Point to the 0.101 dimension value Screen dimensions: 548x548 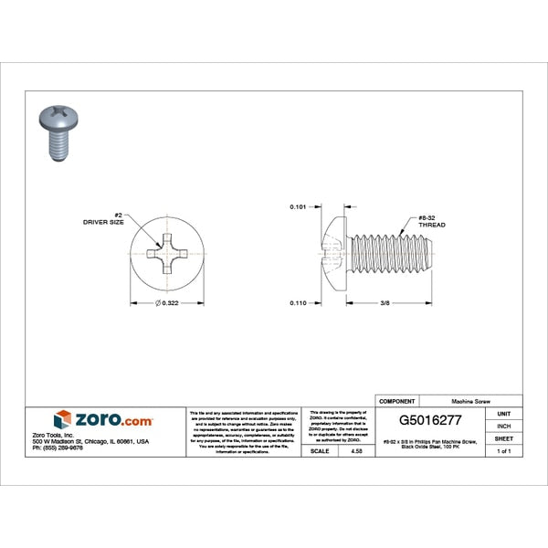(x=299, y=207)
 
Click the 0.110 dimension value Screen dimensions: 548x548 (x=299, y=301)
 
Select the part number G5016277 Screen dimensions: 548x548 (x=437, y=422)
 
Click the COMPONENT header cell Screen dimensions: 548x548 (x=397, y=401)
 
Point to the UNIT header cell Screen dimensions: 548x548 (x=503, y=414)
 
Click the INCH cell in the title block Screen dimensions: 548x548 (x=503, y=427)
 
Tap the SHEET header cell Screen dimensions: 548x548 (x=503, y=439)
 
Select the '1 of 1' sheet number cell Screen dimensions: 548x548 (x=503, y=451)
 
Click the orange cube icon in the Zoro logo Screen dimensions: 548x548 (x=62, y=420)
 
